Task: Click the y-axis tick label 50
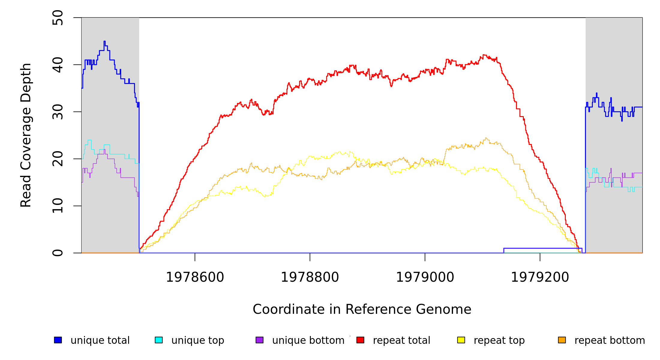(x=58, y=18)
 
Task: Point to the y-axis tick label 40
(x=58, y=65)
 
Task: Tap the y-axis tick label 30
(x=58, y=112)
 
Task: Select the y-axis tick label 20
(x=58, y=159)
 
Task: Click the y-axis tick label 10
(x=58, y=206)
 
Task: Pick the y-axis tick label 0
(x=58, y=253)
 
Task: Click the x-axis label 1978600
(x=195, y=277)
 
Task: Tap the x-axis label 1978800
(x=310, y=277)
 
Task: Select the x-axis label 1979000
(x=425, y=277)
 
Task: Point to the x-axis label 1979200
(x=540, y=277)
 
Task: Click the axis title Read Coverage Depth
(x=26, y=135)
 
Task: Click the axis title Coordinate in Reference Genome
(x=362, y=310)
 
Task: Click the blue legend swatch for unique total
(x=58, y=340)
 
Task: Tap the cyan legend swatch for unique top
(x=159, y=340)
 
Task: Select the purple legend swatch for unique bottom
(x=259, y=340)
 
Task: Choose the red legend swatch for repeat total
(x=360, y=340)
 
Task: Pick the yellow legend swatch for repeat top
(x=461, y=340)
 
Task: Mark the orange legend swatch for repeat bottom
(x=562, y=340)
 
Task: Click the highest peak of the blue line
(x=104, y=41)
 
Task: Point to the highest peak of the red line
(x=484, y=55)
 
